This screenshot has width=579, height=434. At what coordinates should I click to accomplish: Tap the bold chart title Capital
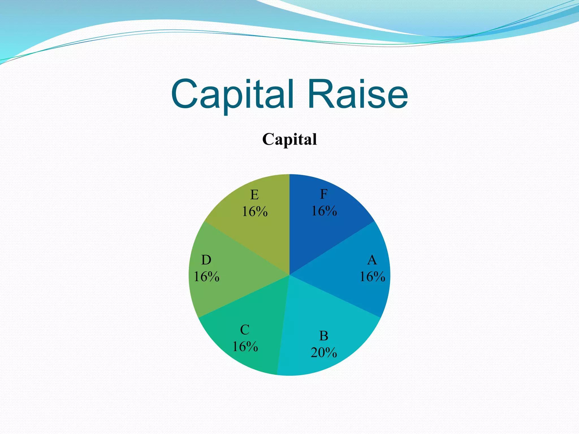pyautogui.click(x=289, y=139)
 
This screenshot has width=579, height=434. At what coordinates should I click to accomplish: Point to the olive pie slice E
pyautogui.click(x=263, y=229)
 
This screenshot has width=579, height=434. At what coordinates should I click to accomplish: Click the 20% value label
pyautogui.click(x=324, y=353)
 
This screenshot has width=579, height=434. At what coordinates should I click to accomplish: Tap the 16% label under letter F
pyautogui.click(x=324, y=211)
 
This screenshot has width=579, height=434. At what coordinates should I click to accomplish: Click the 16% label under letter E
pyautogui.click(x=254, y=212)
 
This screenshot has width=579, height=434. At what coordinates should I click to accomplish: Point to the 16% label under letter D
pyautogui.click(x=206, y=277)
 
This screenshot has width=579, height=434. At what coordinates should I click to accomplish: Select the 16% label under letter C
pyautogui.click(x=245, y=347)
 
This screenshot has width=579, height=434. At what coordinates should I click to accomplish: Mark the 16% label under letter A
pyautogui.click(x=372, y=277)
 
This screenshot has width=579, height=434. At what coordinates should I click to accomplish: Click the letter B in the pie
pyautogui.click(x=324, y=336)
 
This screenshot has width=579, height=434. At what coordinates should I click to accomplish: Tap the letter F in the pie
pyautogui.click(x=324, y=194)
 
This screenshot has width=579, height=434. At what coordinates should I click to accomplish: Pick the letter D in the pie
pyautogui.click(x=206, y=260)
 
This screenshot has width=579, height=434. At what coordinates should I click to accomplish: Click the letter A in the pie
pyautogui.click(x=372, y=260)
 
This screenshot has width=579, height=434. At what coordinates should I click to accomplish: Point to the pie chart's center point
pyautogui.click(x=289, y=275)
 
